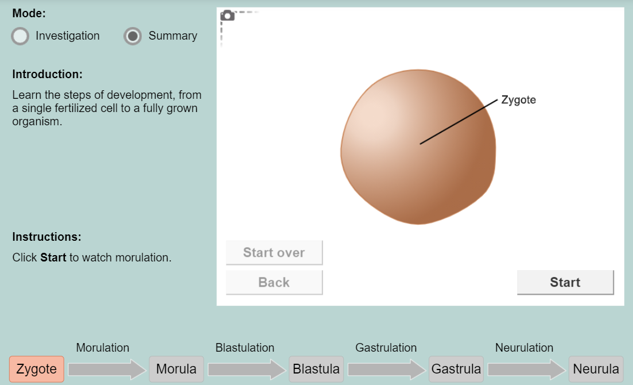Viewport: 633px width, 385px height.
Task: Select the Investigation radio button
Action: coord(20,36)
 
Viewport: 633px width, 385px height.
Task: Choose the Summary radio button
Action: coord(133,36)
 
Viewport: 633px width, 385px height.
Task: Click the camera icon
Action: coord(227,16)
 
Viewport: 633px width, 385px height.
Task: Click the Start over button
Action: coord(274,252)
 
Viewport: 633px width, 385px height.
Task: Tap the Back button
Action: coord(274,282)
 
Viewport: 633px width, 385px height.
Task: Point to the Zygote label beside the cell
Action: coord(518,100)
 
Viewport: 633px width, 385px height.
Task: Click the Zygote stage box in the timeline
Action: coord(36,369)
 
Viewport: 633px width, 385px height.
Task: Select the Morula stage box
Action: coord(176,369)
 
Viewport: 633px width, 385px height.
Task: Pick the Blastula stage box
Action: coord(316,369)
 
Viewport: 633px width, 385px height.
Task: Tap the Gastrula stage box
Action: coord(456,369)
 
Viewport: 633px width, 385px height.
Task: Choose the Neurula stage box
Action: coord(596,369)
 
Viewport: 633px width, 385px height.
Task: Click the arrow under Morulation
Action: coord(107,369)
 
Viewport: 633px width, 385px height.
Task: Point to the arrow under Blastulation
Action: coord(247,369)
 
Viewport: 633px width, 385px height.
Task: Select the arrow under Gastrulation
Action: coord(387,369)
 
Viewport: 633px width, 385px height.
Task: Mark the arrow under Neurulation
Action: coord(526,369)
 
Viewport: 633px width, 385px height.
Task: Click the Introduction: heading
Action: coord(47,74)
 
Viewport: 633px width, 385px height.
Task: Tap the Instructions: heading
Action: coord(46,237)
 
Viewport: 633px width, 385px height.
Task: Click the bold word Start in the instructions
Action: coord(53,257)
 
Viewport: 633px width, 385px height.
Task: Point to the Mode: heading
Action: coord(29,13)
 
